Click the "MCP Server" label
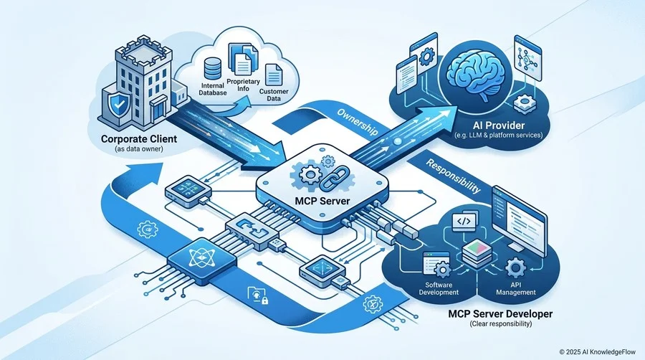click(322, 202)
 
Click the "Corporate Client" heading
click(139, 138)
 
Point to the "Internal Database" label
click(213, 89)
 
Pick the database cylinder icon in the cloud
click(213, 68)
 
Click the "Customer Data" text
click(274, 95)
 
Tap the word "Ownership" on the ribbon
click(357, 123)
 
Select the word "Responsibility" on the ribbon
click(453, 176)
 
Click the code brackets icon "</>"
click(464, 222)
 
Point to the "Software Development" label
click(439, 288)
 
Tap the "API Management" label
click(516, 288)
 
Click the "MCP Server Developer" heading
click(500, 314)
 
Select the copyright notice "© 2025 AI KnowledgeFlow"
click(597, 352)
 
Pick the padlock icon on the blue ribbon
click(265, 300)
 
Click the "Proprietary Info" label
click(243, 85)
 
